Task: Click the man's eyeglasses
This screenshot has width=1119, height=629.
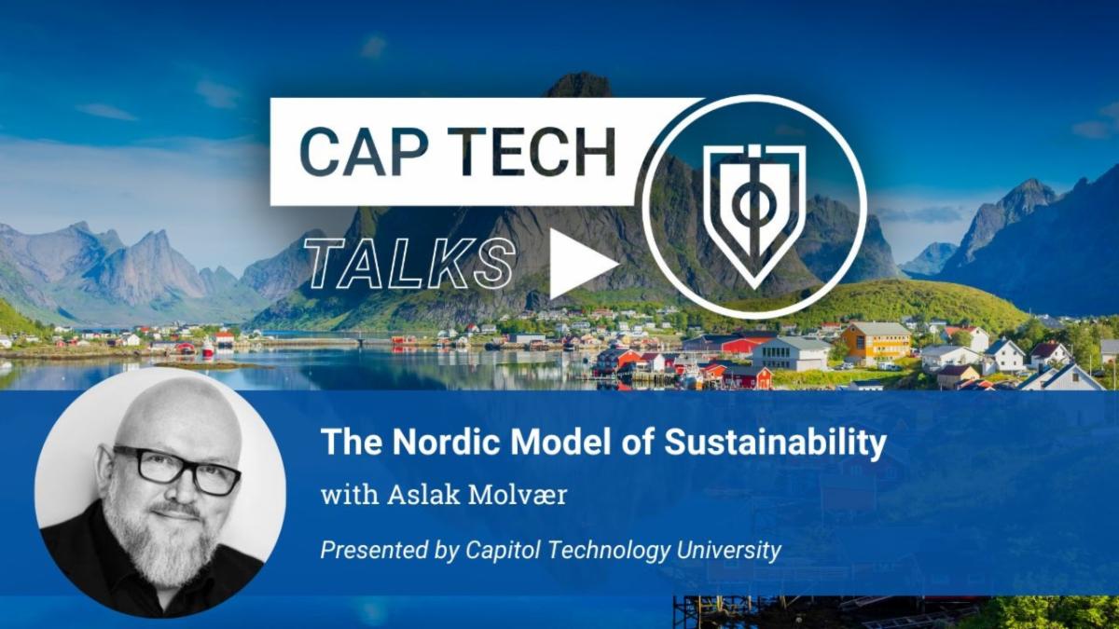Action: pos(177,469)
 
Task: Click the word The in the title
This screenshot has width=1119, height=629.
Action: pos(347,443)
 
